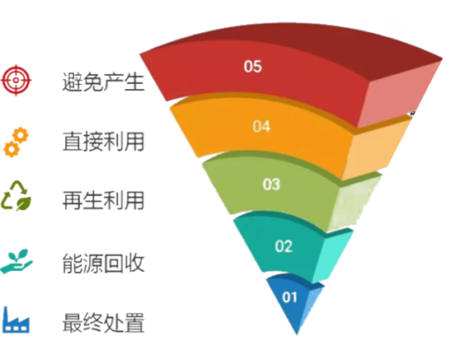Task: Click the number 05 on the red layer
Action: pos(252,67)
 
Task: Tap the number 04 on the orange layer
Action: pos(261,126)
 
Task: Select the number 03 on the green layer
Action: pos(271,184)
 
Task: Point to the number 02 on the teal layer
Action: pos(284,246)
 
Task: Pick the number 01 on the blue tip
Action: pos(289,297)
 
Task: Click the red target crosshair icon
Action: pos(16,80)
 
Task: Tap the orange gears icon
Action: pos(16,142)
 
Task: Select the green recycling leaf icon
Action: pos(16,196)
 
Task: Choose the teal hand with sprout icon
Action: pos(16,261)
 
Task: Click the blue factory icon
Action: pos(16,320)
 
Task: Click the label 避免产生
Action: pos(103,82)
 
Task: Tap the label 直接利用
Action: pos(103,142)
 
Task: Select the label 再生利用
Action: pos(103,200)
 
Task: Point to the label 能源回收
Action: pos(103,263)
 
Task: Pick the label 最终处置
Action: pos(103,323)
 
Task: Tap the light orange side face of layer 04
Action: pos(374,151)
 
